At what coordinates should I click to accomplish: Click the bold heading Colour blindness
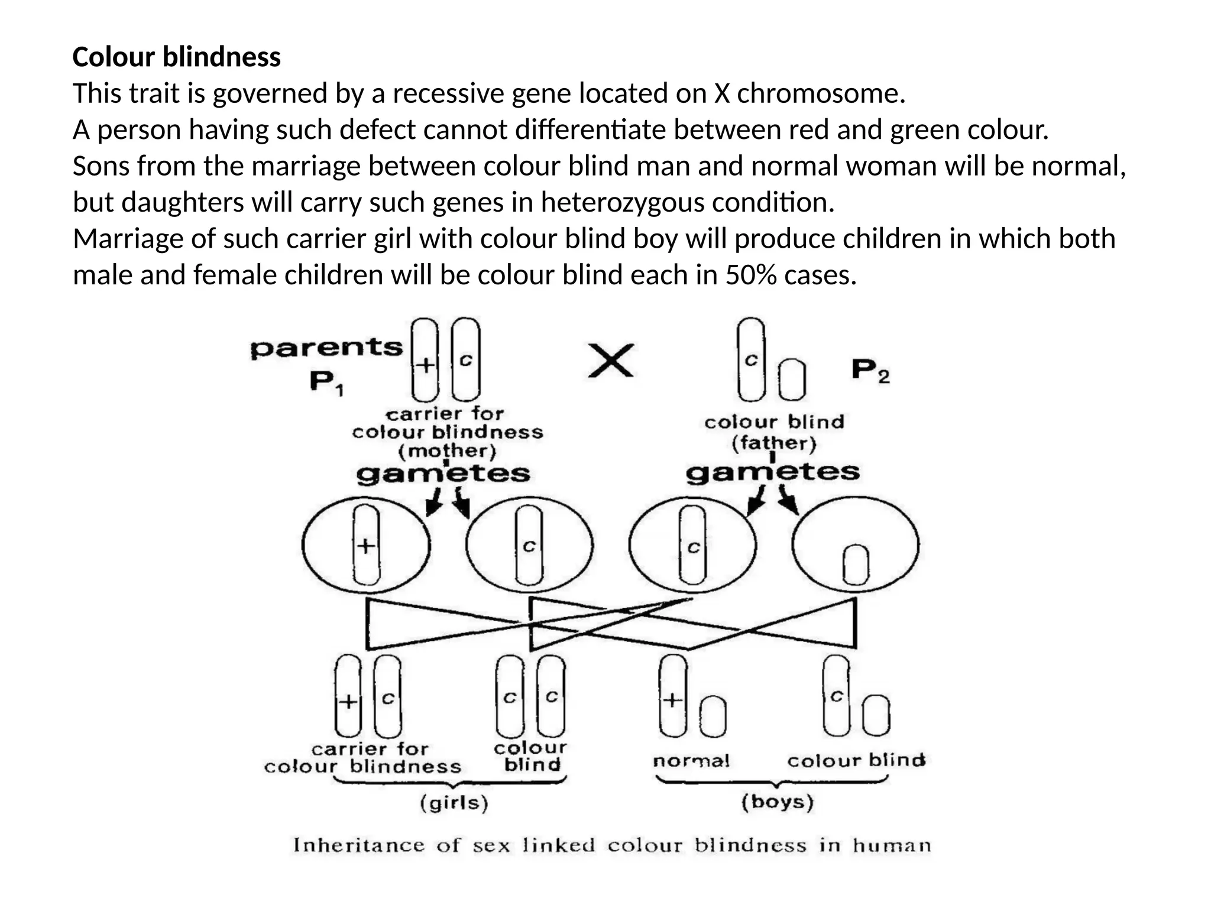[x=176, y=57]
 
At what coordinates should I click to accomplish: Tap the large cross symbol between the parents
[x=611, y=361]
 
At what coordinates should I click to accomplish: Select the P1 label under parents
[x=326, y=382]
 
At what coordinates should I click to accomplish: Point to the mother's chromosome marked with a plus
[x=425, y=359]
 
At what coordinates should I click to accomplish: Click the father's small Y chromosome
[x=791, y=380]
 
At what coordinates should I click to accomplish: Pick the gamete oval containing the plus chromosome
[x=366, y=545]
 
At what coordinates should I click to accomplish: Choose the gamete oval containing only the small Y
[x=855, y=545]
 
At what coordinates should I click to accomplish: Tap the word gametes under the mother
[x=443, y=474]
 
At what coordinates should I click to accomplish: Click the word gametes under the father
[x=772, y=472]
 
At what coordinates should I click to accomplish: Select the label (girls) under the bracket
[x=454, y=803]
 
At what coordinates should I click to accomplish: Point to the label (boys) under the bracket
[x=778, y=802]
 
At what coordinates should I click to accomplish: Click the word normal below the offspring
[x=691, y=761]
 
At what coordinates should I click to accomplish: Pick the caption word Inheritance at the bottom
[x=359, y=845]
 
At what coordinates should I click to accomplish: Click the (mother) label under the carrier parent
[x=447, y=452]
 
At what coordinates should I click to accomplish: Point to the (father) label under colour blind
[x=773, y=443]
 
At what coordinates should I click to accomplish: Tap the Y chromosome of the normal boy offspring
[x=713, y=717]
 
